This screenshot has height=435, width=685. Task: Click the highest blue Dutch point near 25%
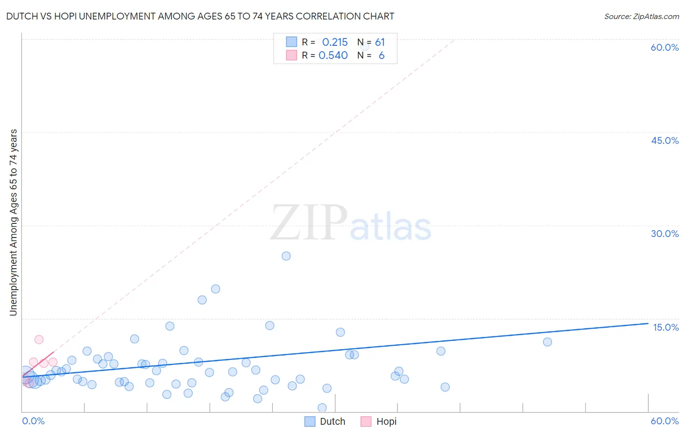coord(286,256)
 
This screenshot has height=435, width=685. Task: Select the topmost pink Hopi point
coord(39,339)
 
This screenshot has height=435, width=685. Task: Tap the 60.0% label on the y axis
coord(665,47)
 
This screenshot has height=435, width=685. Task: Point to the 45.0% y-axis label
coord(665,140)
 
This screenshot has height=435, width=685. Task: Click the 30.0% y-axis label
coord(665,234)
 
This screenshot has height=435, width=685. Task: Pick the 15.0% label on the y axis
coord(666,327)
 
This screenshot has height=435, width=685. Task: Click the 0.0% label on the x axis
coord(33,421)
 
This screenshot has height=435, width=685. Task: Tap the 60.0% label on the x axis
coord(665,421)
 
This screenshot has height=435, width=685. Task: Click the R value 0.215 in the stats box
coord(335,42)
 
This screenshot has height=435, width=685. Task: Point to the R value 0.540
coord(333,56)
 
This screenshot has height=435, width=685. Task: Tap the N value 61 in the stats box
coord(380,42)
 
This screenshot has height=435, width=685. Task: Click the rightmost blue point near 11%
coord(547,342)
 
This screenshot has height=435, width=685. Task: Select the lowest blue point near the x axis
coord(322,408)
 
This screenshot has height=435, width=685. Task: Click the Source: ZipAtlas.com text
coord(641,17)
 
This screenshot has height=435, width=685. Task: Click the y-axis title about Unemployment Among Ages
coord(14,222)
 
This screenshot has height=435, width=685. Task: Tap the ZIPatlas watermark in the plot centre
coord(351,224)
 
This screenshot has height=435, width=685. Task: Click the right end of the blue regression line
coord(648,323)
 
